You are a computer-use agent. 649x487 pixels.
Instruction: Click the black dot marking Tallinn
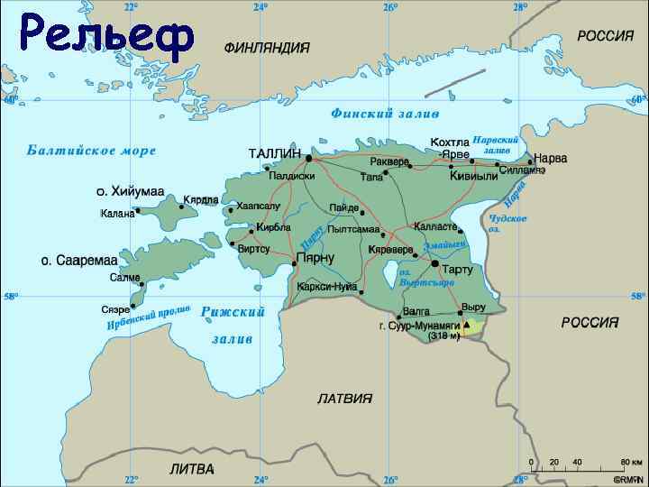point(308,158)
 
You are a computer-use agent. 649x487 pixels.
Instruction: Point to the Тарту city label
point(457,270)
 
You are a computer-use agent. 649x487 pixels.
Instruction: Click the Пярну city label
point(315,258)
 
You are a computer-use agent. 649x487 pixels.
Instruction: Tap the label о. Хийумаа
point(131,191)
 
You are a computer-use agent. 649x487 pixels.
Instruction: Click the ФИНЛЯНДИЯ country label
point(267,47)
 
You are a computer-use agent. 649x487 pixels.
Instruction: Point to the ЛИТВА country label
point(192,469)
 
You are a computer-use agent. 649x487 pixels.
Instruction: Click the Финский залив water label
point(385,114)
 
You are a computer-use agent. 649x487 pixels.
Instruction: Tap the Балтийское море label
point(91,151)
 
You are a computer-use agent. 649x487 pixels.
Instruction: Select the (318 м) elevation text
point(443,335)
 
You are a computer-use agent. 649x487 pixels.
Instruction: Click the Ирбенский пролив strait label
point(149,317)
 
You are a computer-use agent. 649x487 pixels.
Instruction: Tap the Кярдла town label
point(201,199)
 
